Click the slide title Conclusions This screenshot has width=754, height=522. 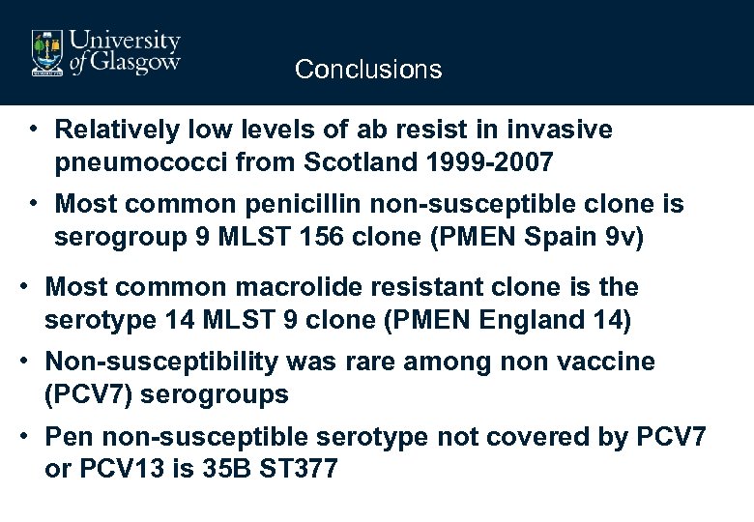point(368,70)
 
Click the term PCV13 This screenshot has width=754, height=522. point(116,470)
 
